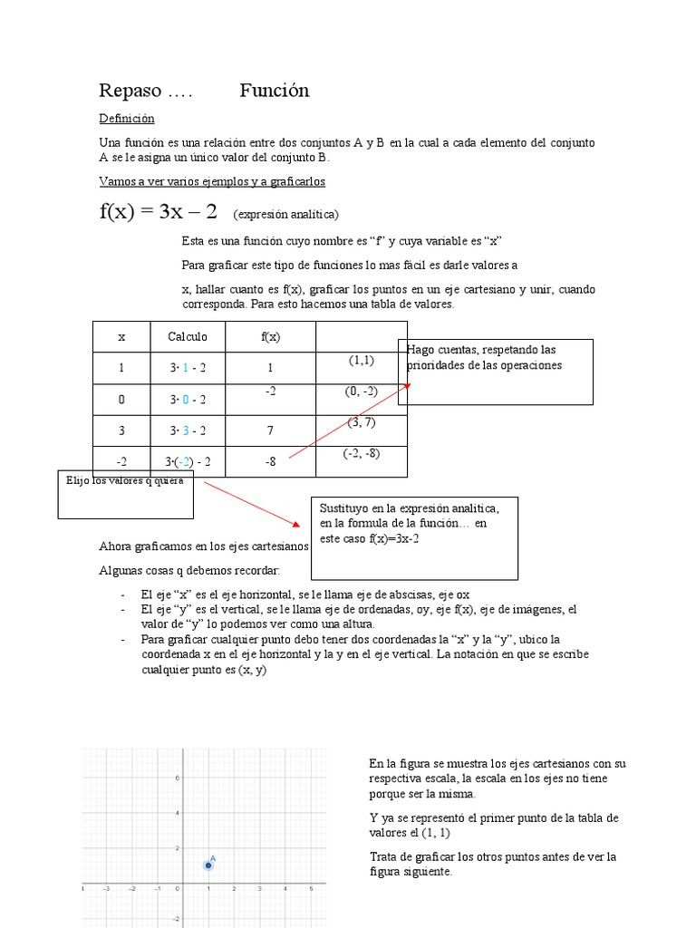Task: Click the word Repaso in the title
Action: (130, 91)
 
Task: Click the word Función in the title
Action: (275, 91)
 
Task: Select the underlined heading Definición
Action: (127, 119)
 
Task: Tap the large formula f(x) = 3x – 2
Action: (159, 212)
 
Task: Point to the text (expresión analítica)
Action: (285, 215)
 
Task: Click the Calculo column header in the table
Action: (188, 336)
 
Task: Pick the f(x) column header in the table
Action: (270, 336)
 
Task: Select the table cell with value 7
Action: (270, 430)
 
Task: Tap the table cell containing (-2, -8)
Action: (361, 454)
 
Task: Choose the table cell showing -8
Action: (270, 461)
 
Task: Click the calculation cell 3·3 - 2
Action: (188, 430)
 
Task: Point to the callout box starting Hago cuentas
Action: (495, 371)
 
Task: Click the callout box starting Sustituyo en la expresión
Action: (415, 536)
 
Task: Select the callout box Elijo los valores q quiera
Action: (125, 494)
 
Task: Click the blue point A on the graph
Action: (208, 865)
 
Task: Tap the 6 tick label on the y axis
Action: (178, 778)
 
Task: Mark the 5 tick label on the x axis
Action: (312, 889)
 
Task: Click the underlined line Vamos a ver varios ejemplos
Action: (212, 181)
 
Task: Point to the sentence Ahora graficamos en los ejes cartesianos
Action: (204, 546)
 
